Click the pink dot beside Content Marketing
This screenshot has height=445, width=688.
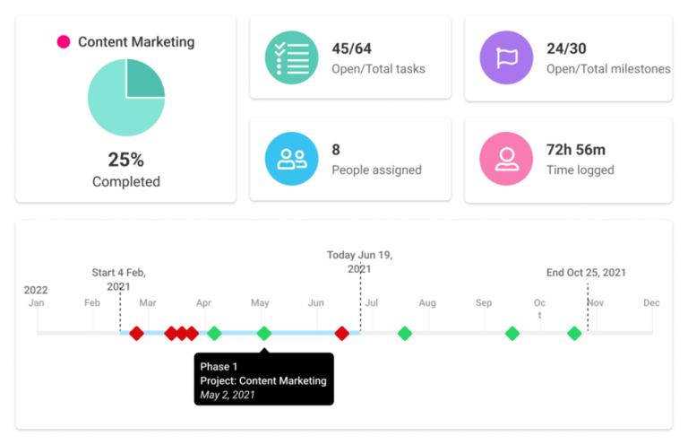pos(64,41)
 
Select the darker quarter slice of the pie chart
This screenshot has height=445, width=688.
pos(142,79)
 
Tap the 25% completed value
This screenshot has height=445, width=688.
pos(125,160)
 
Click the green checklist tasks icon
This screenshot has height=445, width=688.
pos(292,57)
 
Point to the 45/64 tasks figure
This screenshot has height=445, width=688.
pos(352,48)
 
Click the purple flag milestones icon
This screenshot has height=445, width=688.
pos(507,57)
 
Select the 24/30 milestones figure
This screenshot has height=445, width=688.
pos(566,48)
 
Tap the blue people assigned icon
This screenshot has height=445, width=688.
pos(292,160)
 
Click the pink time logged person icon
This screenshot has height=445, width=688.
pos(507,160)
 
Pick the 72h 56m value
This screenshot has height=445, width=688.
pos(575,150)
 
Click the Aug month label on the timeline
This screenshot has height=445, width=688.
pos(427,303)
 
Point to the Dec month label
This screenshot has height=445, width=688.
pos(651,303)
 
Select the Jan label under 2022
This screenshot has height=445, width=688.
pos(36,303)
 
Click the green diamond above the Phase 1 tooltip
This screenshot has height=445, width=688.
pos(264,334)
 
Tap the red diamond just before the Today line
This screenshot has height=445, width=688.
pos(341,334)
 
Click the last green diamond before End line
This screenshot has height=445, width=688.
pos(574,334)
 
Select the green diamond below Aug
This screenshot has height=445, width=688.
pos(405,334)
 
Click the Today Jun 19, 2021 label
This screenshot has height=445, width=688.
pos(359,262)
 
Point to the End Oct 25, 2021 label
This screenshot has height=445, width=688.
pos(587,273)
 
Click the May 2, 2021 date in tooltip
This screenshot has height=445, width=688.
pos(228,395)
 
